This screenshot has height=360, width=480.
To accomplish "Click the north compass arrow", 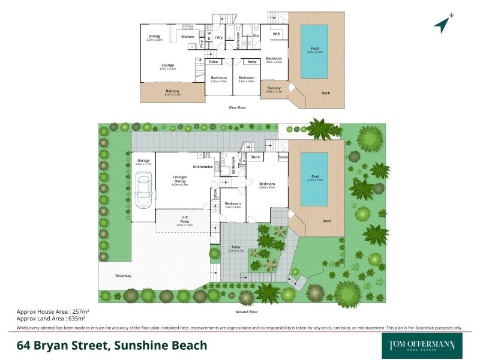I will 443,23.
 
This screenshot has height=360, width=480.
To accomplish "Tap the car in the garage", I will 144,189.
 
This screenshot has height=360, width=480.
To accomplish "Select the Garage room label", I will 143,161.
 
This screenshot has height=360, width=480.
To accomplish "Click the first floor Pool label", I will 314,49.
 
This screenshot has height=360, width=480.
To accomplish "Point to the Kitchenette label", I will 203,166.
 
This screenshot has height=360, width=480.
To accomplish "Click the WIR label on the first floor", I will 276,34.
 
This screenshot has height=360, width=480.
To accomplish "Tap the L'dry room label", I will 219,38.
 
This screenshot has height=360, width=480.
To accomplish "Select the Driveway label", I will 123,275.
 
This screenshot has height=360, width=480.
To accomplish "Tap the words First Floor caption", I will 238,108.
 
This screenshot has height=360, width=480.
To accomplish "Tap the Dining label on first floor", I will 154,37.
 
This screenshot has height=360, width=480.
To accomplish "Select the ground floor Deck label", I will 326,221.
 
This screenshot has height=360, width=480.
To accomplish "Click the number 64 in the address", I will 24,346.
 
